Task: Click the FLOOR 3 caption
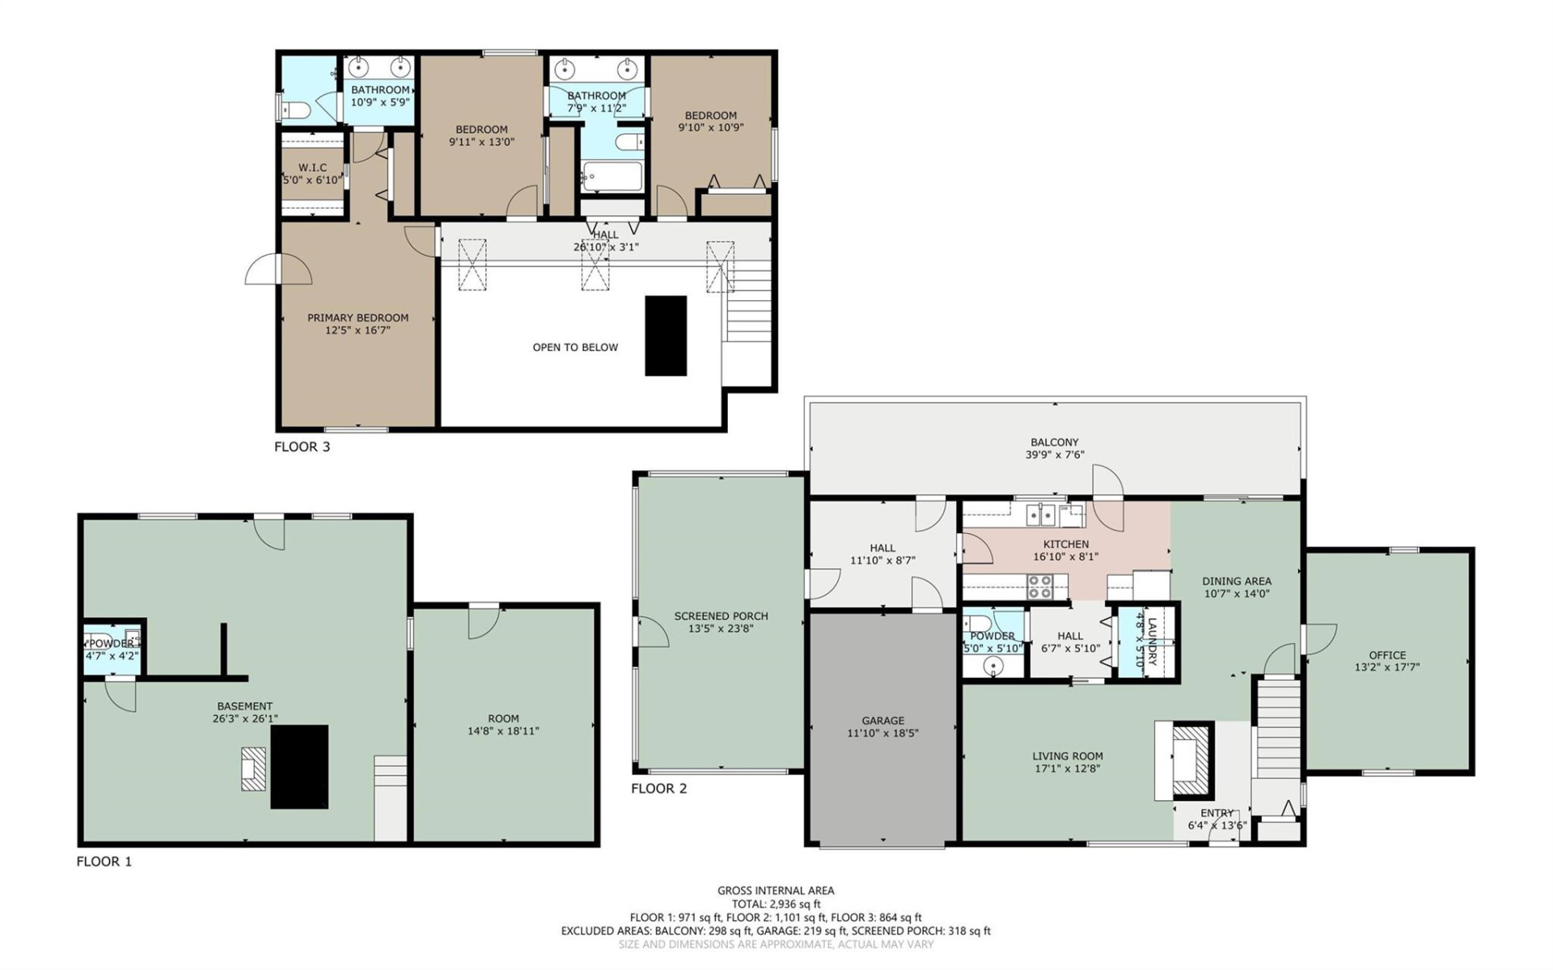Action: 302,447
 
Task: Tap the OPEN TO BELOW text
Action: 575,347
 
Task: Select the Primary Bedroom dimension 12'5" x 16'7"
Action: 358,330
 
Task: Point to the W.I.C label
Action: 312,167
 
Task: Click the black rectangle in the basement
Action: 299,766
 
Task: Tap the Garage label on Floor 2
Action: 882,720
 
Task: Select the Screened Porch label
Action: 721,616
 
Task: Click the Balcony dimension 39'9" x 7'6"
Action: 1054,455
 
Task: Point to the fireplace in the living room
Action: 1191,761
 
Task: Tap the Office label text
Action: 1387,654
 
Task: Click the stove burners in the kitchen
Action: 1039,587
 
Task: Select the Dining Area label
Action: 1236,581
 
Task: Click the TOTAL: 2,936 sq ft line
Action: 776,904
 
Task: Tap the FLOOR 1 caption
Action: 104,862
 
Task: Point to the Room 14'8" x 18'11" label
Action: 503,724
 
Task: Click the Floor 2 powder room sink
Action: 993,666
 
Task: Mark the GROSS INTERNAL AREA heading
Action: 776,890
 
